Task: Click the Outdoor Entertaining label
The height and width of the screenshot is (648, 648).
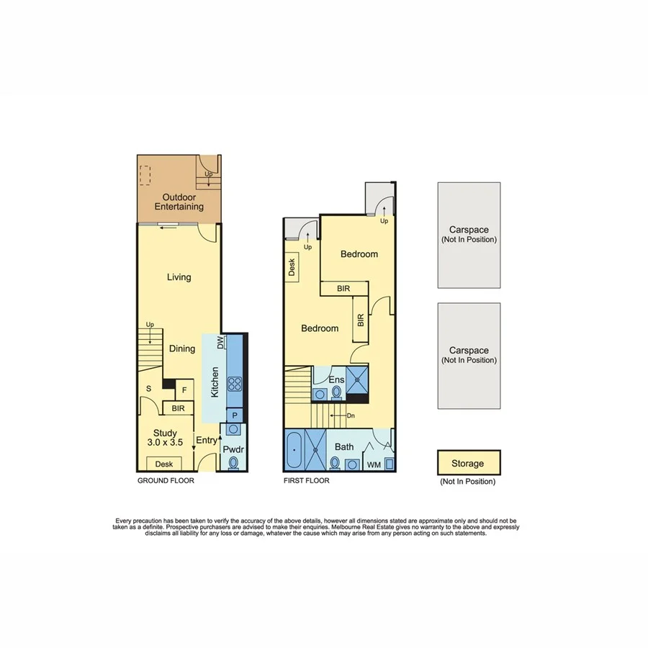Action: point(179,202)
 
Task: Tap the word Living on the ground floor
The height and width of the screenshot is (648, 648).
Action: point(179,277)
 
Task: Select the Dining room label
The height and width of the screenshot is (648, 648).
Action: point(182,349)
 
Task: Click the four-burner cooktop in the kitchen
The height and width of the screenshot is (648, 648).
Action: point(235,383)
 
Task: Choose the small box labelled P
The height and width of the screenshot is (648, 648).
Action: point(235,415)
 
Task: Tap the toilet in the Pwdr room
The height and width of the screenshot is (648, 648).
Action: point(233,464)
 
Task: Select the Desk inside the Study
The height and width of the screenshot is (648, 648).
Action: point(163,464)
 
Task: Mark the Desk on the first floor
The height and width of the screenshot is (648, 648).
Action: point(292,269)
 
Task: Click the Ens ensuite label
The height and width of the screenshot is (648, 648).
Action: point(336,379)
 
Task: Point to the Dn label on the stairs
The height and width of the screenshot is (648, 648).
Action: point(351,415)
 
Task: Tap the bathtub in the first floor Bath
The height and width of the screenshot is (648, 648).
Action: point(294,450)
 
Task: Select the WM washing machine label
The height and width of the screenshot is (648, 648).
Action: point(374,465)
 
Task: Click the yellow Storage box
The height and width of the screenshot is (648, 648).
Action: point(468,463)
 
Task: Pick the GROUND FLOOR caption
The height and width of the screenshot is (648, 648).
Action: point(165,480)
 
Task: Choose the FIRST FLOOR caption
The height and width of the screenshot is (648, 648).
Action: point(307,480)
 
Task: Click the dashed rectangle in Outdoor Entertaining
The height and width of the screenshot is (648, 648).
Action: point(145,175)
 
